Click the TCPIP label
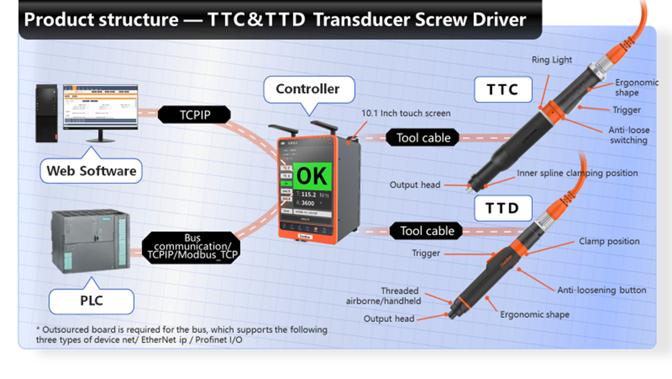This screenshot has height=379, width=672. pos(194,115)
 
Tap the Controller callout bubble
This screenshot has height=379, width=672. pos(308,89)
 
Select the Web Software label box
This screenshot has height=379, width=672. pos(91,170)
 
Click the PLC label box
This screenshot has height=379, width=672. pos(91,300)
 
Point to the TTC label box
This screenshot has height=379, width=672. pos(503,90)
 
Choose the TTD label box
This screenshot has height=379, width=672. pos(503,208)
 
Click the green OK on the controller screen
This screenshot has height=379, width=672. pos(312,176)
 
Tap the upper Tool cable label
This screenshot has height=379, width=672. pos(423,138)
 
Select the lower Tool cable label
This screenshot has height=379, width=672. pos(427,231)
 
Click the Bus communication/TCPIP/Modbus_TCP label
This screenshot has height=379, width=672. pos(192,246)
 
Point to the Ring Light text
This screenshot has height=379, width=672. pos(552,60)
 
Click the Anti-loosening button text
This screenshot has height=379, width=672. pos(601,290)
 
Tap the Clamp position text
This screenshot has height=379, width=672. pos(609,241)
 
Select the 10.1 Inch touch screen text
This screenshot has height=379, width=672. pos(406,113)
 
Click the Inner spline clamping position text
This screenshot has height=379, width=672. pos(577,173)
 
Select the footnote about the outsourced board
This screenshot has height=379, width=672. pos(181,335)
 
